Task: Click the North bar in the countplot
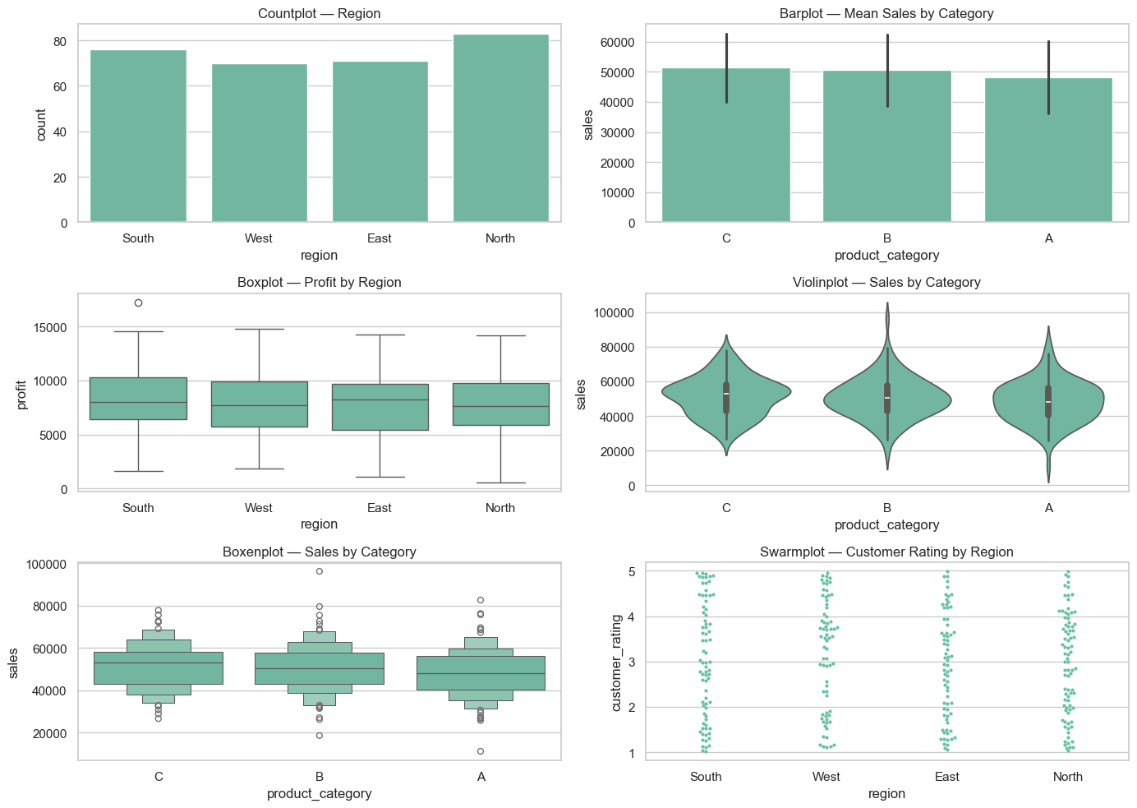(500, 128)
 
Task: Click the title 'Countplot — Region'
(319, 14)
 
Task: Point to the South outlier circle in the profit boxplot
(138, 302)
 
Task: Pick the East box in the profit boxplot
(380, 407)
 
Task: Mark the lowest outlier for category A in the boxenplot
(481, 751)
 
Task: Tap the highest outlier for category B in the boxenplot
(320, 570)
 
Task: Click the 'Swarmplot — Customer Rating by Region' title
(886, 552)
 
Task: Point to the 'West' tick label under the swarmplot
(826, 777)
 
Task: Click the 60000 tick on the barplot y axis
(618, 43)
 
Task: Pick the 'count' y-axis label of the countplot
(42, 124)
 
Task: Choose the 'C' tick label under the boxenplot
(159, 777)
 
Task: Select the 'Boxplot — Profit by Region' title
(319, 283)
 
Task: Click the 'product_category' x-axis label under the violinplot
(886, 524)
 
